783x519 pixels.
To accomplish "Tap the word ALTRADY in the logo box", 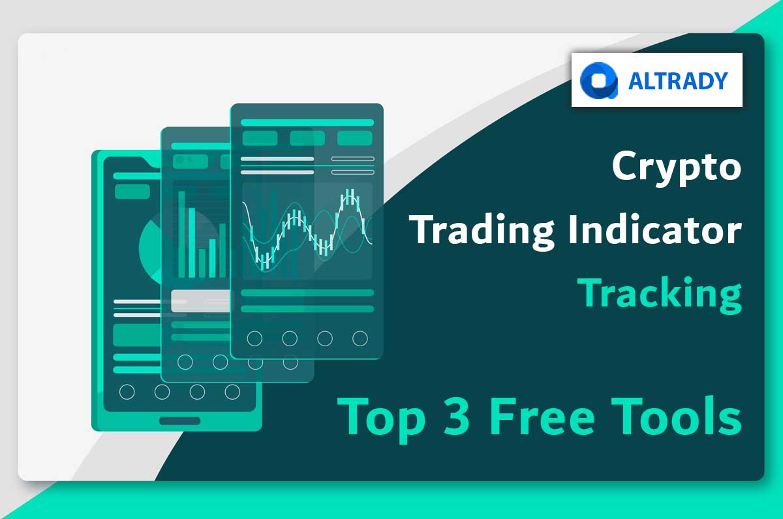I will (x=678, y=80).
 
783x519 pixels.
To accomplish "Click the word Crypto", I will (x=677, y=168).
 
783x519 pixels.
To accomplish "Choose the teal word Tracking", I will (x=659, y=293).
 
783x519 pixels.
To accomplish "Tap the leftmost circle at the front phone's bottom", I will (x=254, y=338).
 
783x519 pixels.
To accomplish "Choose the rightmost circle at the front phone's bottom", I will (x=360, y=338).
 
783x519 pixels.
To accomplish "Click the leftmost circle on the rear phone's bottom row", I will (x=127, y=392).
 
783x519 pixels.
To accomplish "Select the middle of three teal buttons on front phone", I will (x=307, y=138).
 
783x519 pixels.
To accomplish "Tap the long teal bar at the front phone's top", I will (x=307, y=122).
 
